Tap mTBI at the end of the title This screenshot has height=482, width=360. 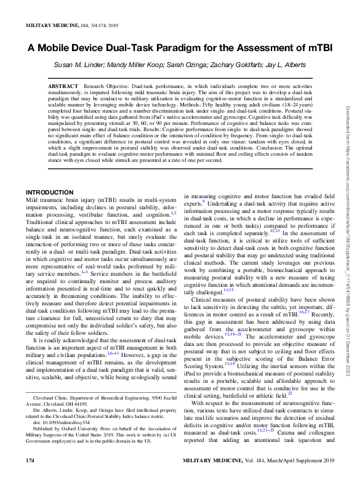click(x=317, y=48)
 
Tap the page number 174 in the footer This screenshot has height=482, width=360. click(x=30, y=476)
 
